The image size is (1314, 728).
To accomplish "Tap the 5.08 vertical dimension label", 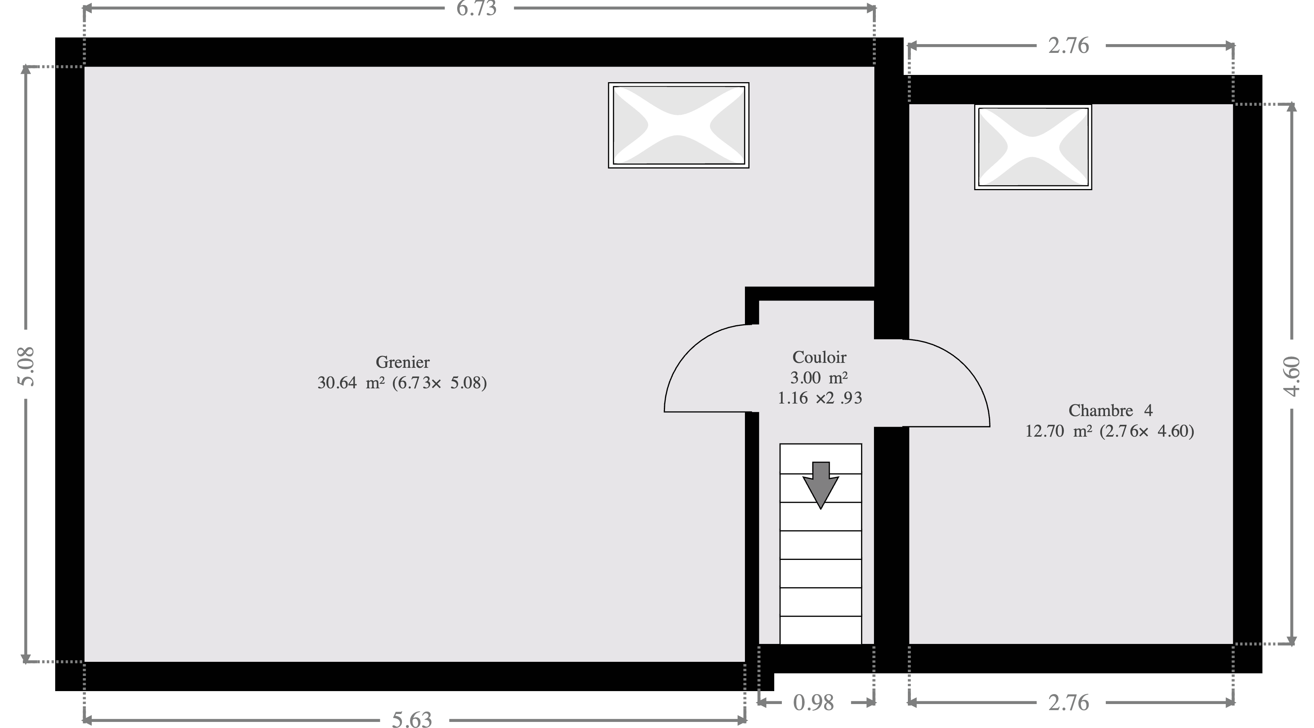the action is [26, 367].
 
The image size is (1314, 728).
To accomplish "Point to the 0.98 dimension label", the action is [813, 703].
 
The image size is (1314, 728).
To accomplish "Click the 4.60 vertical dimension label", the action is [1293, 376].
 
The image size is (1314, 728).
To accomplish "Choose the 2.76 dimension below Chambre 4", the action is [1068, 703].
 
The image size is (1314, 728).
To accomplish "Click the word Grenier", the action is [402, 362].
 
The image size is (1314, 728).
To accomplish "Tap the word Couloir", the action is [819, 358].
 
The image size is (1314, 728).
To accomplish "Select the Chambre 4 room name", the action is [1110, 410].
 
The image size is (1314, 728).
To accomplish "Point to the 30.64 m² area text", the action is [351, 383].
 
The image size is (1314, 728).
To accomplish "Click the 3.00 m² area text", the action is [819, 378].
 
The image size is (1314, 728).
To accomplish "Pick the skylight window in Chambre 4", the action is [1033, 147].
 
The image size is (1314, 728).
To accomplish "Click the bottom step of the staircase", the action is [821, 631].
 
